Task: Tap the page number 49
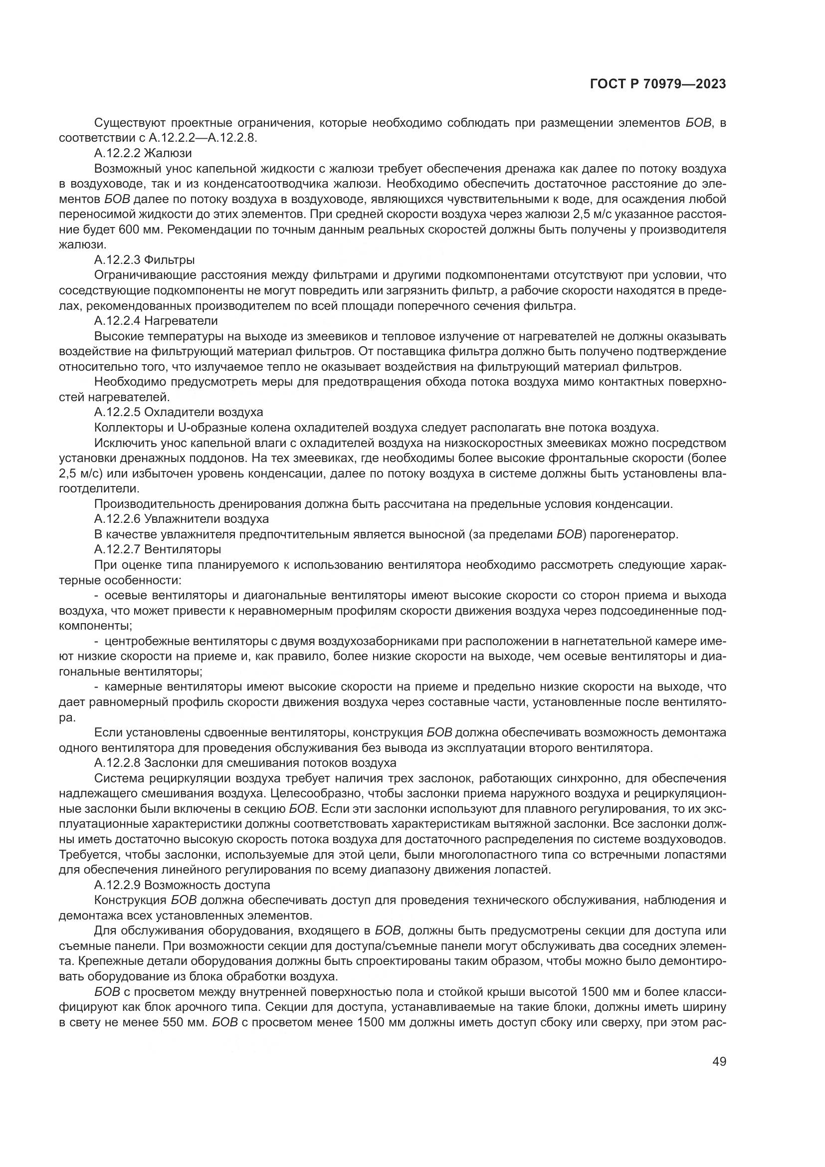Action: [x=719, y=1061]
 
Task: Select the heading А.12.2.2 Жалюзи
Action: [x=143, y=153]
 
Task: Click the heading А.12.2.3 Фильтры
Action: [x=144, y=260]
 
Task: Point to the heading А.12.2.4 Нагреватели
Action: [x=156, y=321]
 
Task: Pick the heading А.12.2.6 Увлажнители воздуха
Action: [x=182, y=519]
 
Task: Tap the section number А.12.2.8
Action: [x=117, y=763]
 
